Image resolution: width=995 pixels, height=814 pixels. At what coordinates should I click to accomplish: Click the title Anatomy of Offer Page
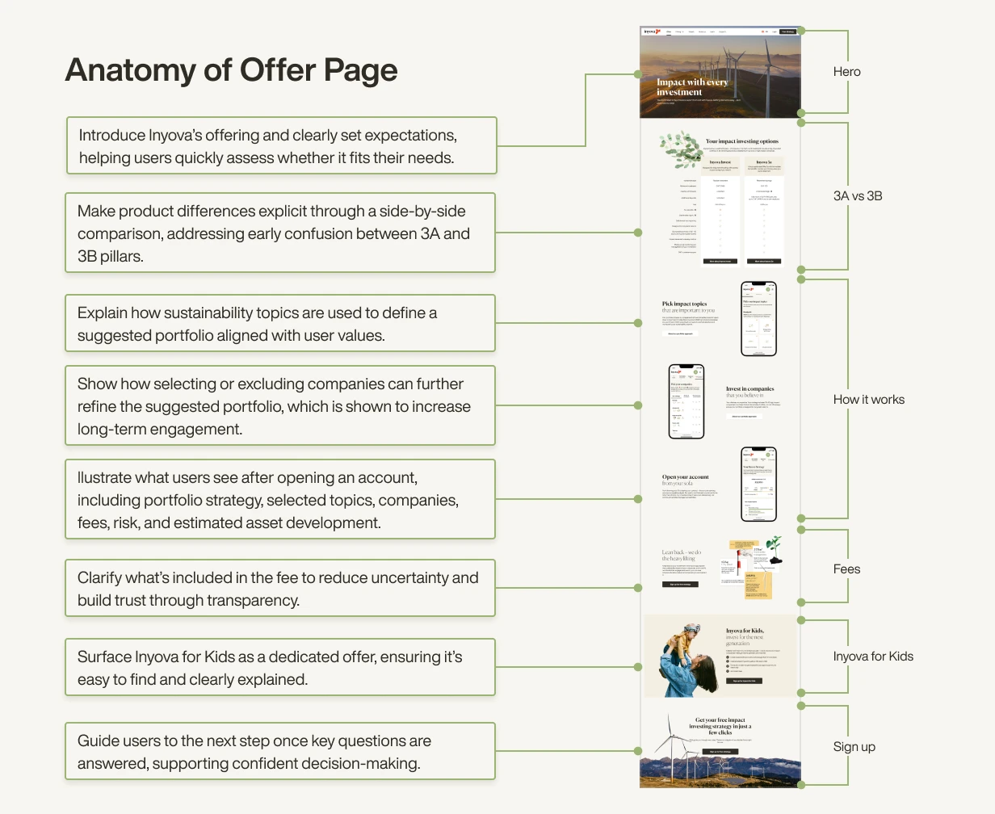click(x=231, y=70)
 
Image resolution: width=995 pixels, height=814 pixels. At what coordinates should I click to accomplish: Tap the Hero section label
click(x=846, y=72)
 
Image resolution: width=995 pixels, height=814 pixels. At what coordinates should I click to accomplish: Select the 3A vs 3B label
click(x=857, y=195)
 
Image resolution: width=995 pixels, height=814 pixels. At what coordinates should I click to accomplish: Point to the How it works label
click(x=868, y=399)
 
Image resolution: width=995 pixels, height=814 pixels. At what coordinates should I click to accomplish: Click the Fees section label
click(x=846, y=569)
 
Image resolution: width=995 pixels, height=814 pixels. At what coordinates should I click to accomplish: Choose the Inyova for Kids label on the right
click(x=872, y=656)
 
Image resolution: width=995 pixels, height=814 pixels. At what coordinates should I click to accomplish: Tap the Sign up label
click(x=854, y=746)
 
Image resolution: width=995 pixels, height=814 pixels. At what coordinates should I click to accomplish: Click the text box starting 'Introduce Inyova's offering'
click(x=281, y=146)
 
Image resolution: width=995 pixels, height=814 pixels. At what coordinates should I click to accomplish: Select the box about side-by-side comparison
click(x=280, y=233)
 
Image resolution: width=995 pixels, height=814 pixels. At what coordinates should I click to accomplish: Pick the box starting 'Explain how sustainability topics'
click(x=280, y=324)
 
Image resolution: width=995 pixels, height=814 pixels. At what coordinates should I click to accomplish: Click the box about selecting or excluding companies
click(x=280, y=406)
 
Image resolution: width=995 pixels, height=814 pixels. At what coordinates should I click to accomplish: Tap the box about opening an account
click(x=280, y=500)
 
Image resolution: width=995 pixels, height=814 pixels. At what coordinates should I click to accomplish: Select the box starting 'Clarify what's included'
click(x=280, y=589)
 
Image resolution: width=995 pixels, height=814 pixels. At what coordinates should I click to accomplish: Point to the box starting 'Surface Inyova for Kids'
click(x=280, y=668)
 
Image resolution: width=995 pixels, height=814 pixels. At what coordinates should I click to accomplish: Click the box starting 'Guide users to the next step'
click(x=280, y=752)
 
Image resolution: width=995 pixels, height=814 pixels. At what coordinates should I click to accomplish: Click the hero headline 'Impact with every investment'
click(x=691, y=87)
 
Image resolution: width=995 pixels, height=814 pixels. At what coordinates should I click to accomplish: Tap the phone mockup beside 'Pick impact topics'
click(x=758, y=319)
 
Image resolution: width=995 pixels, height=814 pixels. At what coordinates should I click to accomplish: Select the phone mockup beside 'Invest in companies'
click(x=686, y=401)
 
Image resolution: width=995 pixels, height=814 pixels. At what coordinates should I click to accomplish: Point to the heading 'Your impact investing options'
click(x=741, y=141)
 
